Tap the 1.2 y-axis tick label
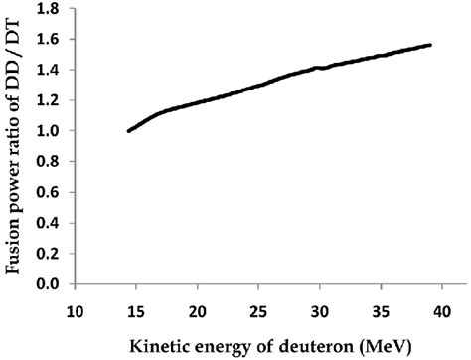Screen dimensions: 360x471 point(52,100)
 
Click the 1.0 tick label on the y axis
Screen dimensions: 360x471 point(52,131)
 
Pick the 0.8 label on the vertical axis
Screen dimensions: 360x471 point(52,162)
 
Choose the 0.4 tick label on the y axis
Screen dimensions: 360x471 point(52,223)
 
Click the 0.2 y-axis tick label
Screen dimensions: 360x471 point(52,254)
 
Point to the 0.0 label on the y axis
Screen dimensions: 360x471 point(52,284)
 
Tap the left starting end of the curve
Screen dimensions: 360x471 point(129,131)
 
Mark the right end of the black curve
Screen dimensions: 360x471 point(430,45)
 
